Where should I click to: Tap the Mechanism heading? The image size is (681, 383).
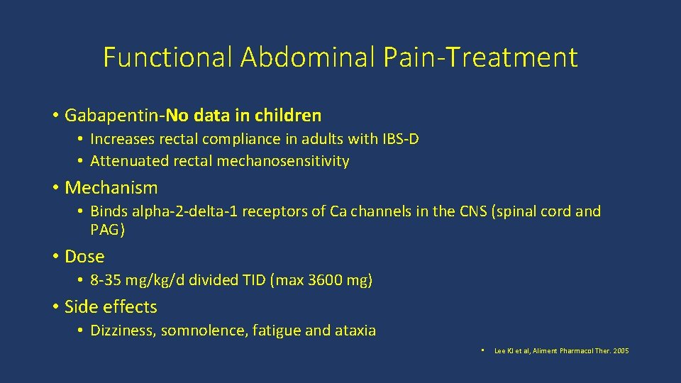click(x=111, y=188)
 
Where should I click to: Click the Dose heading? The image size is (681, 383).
click(x=84, y=256)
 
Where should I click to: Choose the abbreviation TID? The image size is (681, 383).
click(x=253, y=280)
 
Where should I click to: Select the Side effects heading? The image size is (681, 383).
click(x=111, y=306)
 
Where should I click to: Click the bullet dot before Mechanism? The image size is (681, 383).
click(x=55, y=188)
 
